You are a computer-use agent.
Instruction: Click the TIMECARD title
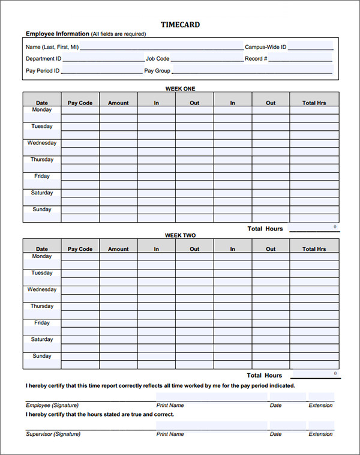point(180,25)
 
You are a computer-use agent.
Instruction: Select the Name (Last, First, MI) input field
point(161,46)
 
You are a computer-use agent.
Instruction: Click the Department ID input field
point(103,59)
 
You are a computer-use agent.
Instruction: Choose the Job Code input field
point(206,59)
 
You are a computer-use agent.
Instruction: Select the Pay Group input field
point(252,71)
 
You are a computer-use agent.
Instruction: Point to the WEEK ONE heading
point(180,89)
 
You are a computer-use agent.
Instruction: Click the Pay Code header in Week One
point(80,103)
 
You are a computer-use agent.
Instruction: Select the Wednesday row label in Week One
point(42,143)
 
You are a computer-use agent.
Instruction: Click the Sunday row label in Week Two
point(42,356)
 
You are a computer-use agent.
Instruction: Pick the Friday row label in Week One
point(42,176)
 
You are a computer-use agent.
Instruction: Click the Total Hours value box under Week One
point(315,227)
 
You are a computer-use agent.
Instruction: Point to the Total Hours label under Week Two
point(265,376)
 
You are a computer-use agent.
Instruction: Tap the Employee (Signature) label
point(52,405)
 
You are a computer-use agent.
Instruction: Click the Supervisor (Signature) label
point(53,434)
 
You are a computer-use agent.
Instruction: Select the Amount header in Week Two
point(118,249)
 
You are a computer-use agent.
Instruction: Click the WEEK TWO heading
point(180,235)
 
